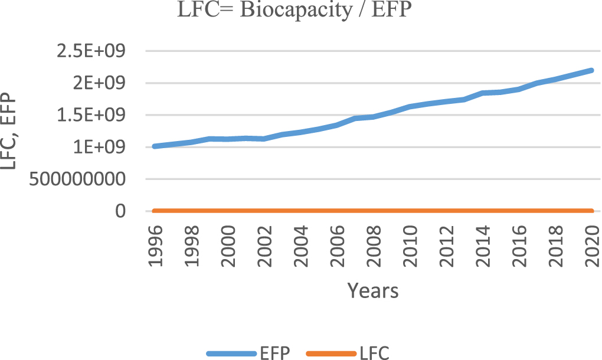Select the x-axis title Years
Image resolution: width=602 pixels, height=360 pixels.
(x=372, y=290)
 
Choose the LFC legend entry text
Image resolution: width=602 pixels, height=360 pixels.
(x=374, y=353)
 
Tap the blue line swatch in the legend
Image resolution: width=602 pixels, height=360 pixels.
(x=231, y=354)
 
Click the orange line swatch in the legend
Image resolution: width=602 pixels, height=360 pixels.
(x=332, y=354)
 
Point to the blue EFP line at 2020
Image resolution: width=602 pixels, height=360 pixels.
(x=591, y=70)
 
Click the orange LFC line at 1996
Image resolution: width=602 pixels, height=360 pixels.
(x=155, y=211)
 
